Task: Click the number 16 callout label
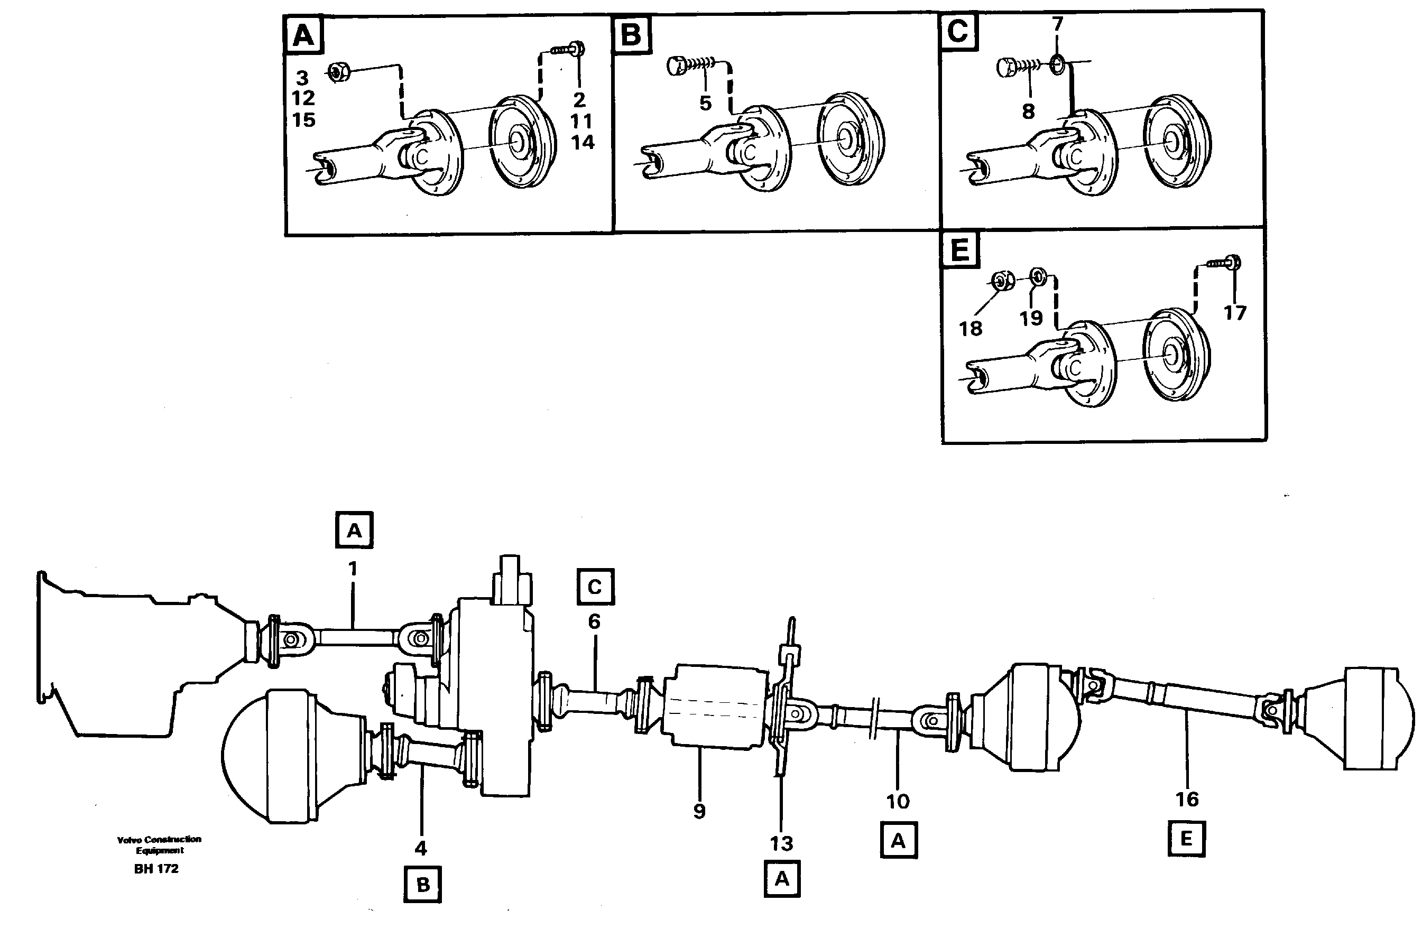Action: (x=1187, y=799)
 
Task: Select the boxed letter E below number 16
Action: (x=1186, y=839)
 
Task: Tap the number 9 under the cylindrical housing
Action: (x=699, y=811)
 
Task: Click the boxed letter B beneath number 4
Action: (x=422, y=884)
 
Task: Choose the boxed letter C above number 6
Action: (x=595, y=587)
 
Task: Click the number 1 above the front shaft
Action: (x=353, y=568)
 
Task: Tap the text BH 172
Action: (x=156, y=869)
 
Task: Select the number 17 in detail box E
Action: (x=1234, y=312)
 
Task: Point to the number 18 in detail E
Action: (x=971, y=328)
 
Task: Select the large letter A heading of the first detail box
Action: (x=303, y=35)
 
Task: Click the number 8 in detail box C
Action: (x=1028, y=110)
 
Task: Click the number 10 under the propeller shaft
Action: (x=898, y=801)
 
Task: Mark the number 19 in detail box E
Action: (x=1031, y=318)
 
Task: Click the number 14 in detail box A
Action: (x=583, y=142)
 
